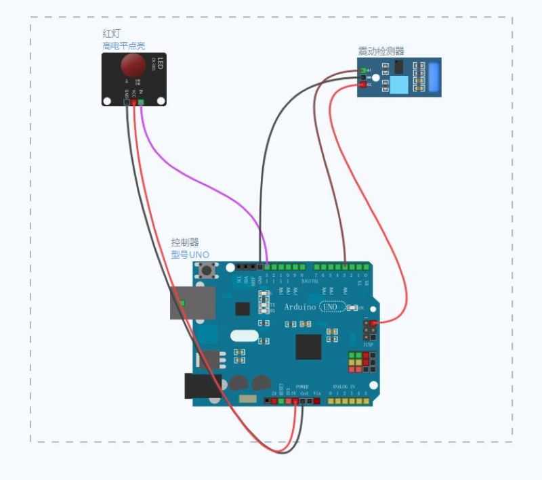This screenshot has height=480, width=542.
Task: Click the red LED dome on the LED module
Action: [133, 65]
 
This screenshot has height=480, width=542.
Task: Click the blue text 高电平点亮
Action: [123, 45]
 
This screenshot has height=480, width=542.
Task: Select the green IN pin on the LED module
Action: [141, 102]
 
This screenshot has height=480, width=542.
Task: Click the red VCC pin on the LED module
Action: [133, 102]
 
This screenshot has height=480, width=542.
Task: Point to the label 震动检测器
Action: [381, 51]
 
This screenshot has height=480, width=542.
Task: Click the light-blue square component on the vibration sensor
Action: [400, 85]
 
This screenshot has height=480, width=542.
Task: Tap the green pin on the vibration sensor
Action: [364, 70]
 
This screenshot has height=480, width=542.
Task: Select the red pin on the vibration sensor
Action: [364, 85]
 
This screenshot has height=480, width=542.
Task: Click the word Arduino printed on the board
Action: [299, 307]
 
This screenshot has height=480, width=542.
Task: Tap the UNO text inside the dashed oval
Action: [329, 307]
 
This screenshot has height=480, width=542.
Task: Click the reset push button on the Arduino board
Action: [205, 273]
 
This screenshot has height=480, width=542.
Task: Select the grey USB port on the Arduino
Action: [192, 303]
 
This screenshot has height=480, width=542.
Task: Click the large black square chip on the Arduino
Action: [308, 347]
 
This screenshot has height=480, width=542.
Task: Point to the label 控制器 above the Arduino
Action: [185, 242]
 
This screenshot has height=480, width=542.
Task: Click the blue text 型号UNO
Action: [190, 255]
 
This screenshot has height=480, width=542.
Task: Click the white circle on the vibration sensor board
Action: [376, 78]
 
